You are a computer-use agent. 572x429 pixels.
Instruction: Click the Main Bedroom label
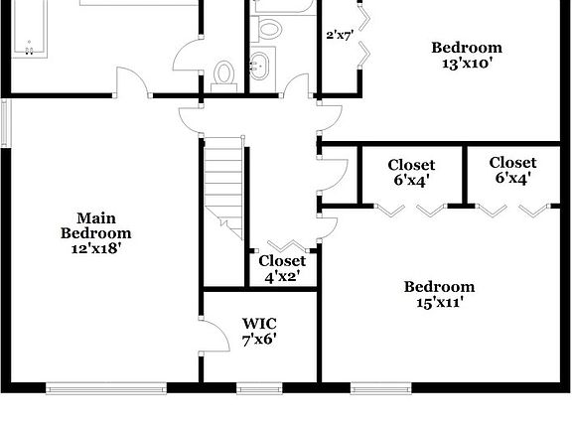pos(95,225)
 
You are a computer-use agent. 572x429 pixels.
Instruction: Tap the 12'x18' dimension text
pos(95,249)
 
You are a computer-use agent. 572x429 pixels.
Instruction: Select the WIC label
pos(259,323)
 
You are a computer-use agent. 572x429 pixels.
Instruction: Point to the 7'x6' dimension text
pos(259,339)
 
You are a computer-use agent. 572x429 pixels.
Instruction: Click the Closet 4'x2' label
pos(282,269)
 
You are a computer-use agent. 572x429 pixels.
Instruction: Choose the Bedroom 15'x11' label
pos(439,295)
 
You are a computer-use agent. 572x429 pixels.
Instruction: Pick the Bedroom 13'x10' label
pos(466,55)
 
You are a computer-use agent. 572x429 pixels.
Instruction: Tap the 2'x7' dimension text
pos(340,35)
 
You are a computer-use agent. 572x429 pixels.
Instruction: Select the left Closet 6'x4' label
pos(411,172)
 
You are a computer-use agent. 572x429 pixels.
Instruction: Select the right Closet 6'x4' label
pos(512,170)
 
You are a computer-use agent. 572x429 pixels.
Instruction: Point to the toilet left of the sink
pos(224,74)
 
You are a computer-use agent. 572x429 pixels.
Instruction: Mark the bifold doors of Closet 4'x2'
pos(285,244)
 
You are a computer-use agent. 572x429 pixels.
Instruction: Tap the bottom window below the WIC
pos(260,386)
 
